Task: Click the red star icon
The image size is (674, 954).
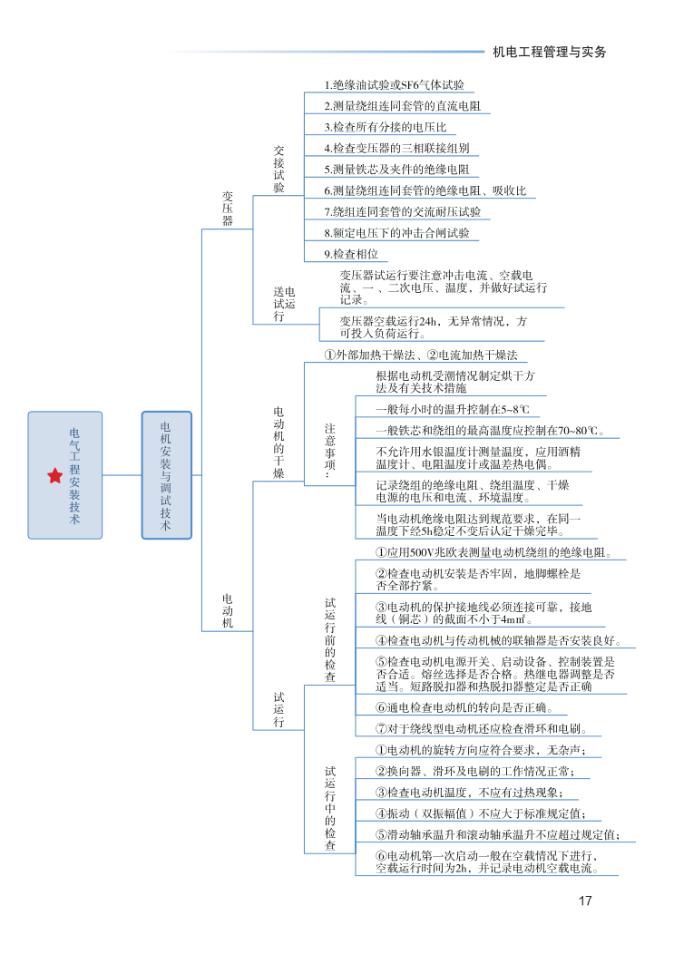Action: tap(55, 476)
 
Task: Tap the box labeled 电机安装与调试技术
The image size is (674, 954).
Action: tap(166, 476)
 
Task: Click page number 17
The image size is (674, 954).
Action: tap(584, 900)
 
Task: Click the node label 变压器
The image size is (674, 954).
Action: tap(228, 208)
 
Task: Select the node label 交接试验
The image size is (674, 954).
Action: tap(278, 168)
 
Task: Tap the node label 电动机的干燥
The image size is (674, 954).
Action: tap(278, 443)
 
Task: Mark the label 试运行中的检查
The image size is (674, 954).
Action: tap(330, 808)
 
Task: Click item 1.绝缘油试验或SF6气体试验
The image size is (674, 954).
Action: tap(395, 85)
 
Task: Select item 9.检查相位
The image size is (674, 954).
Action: tap(351, 254)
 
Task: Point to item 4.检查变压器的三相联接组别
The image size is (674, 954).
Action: tap(396, 148)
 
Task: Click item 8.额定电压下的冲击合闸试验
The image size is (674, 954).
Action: tap(397, 233)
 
